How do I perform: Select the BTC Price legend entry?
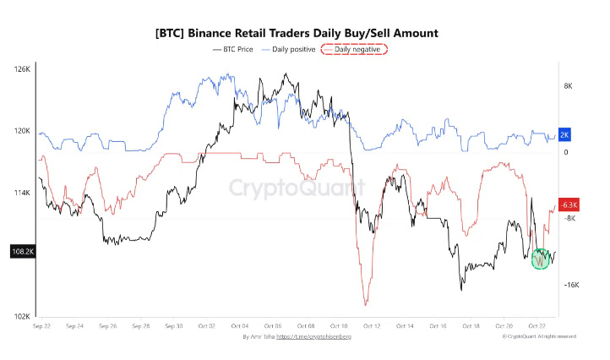click(233, 50)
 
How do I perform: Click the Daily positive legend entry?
click(292, 50)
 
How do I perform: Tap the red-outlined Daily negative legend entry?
click(358, 50)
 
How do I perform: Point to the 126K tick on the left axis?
click(22, 68)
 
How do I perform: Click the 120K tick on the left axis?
click(22, 131)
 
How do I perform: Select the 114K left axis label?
click(22, 193)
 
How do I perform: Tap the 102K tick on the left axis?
click(22, 317)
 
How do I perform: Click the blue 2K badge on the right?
click(565, 135)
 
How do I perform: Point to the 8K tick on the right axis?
click(568, 86)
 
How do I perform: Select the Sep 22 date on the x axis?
click(42, 325)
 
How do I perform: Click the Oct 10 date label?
click(339, 325)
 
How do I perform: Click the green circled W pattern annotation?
click(541, 259)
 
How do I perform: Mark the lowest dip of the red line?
click(365, 304)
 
